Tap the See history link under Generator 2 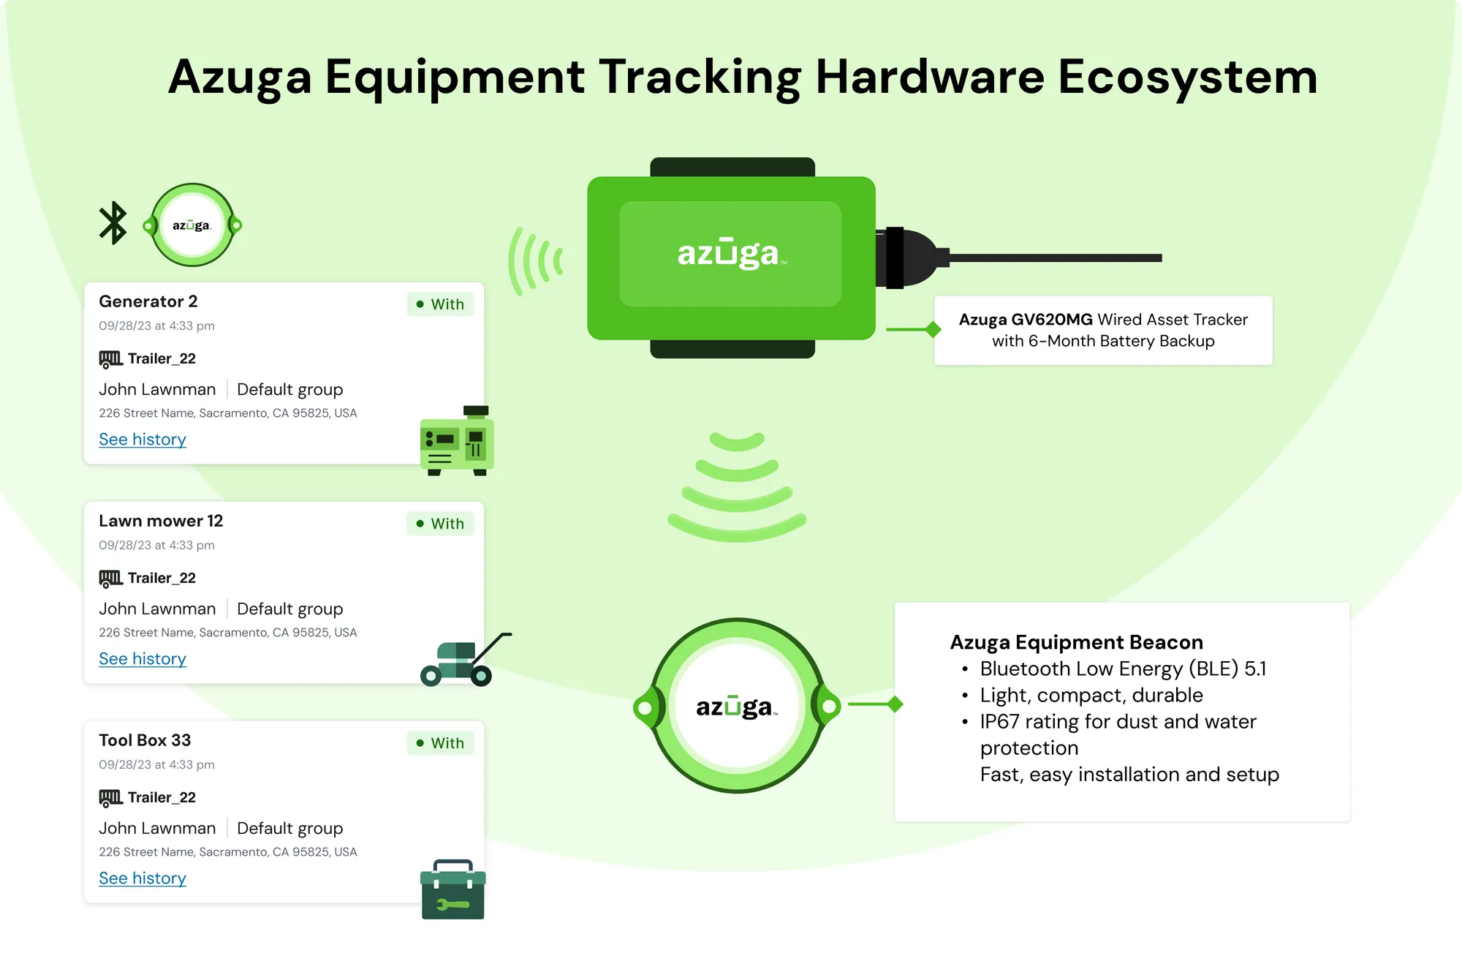coord(143,440)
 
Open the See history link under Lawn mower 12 coord(143,659)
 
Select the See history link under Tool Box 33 coord(143,878)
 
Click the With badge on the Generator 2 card coord(440,304)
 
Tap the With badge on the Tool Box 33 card coord(440,743)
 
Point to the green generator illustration coord(457,441)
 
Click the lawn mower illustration coord(466,660)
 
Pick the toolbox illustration coord(453,889)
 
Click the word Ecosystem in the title coord(1187,77)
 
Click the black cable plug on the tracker coord(912,257)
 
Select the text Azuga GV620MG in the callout coord(1026,320)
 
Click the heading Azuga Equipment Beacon coord(1076,642)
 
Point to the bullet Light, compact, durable coord(1091,695)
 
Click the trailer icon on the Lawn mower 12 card coord(110,579)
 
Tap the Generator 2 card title coord(148,301)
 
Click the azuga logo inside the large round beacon coord(737,707)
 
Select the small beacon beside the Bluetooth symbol coord(192,225)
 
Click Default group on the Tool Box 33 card coord(290,828)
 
